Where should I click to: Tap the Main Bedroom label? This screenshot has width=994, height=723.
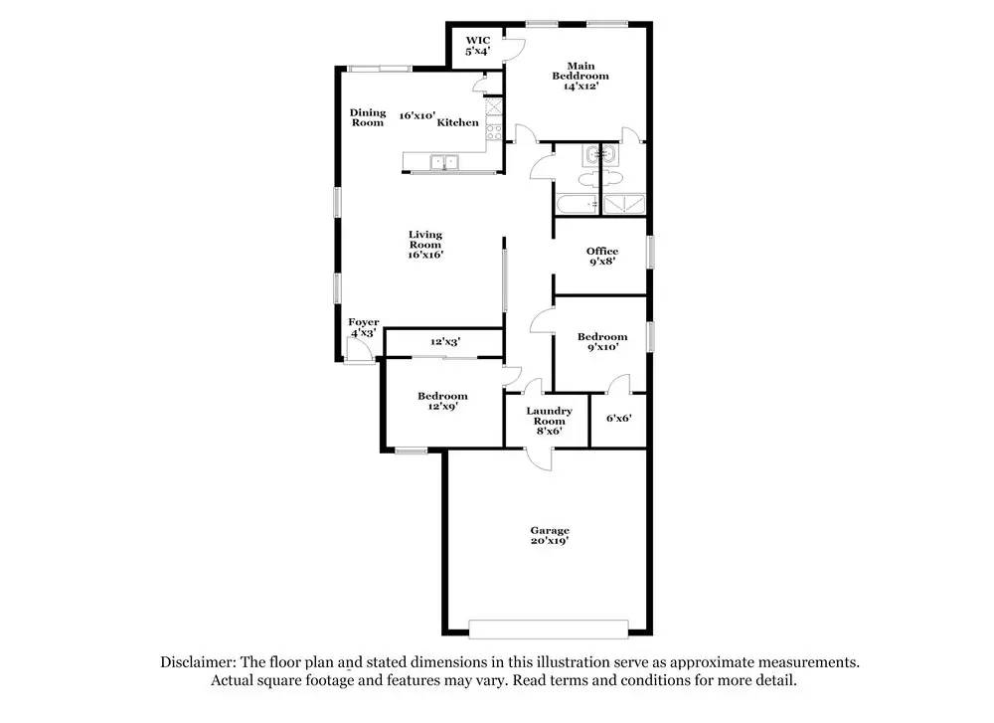click(x=580, y=76)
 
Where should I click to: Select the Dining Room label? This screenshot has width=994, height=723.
click(x=367, y=117)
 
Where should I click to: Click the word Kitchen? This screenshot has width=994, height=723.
click(x=458, y=122)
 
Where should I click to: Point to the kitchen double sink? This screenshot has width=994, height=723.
click(x=443, y=162)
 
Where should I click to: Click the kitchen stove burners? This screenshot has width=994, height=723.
click(x=491, y=132)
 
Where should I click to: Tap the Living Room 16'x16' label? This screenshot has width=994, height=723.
click(x=425, y=245)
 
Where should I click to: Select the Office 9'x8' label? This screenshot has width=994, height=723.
click(x=601, y=257)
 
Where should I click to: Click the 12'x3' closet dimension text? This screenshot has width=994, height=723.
click(x=444, y=342)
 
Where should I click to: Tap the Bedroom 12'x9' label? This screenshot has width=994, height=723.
click(x=442, y=401)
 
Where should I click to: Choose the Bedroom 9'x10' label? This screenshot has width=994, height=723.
click(x=602, y=342)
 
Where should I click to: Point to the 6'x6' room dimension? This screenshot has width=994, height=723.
click(x=618, y=418)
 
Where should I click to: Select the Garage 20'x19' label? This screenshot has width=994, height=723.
click(x=549, y=535)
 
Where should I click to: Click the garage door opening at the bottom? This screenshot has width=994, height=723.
click(x=548, y=630)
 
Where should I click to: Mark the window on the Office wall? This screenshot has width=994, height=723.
click(x=651, y=251)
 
